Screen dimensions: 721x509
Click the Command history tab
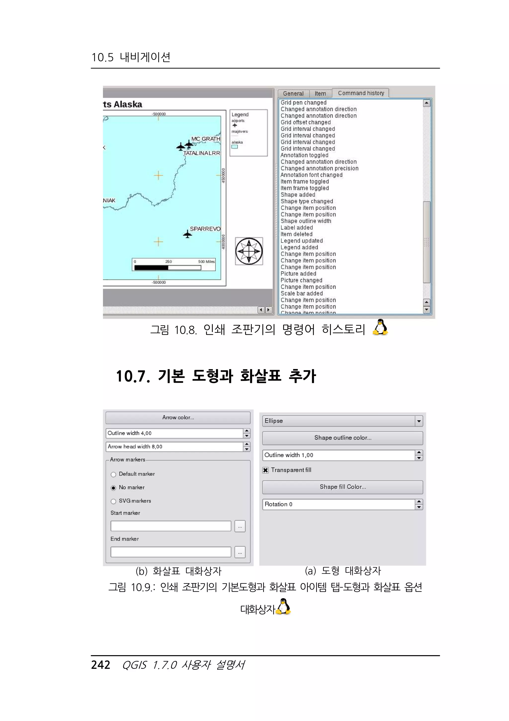[361, 93]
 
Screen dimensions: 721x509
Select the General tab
[293, 94]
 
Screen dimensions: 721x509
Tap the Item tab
[320, 94]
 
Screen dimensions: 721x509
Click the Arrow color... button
[178, 418]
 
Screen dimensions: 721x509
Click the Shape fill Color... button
[342, 487]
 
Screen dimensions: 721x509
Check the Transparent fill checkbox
[266, 470]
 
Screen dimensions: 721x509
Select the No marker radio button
[113, 488]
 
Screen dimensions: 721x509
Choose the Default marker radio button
[113, 474]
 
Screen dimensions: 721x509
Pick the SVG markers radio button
[113, 501]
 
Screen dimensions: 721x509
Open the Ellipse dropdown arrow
[419, 421]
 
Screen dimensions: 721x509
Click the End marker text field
[170, 552]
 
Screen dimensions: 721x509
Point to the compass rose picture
[249, 251]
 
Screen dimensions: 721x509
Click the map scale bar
[174, 265]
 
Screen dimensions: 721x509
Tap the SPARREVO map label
[205, 229]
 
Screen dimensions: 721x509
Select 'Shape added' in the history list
[298, 195]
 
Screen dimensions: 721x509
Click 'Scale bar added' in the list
[301, 294]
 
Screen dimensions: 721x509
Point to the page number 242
[100, 665]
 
